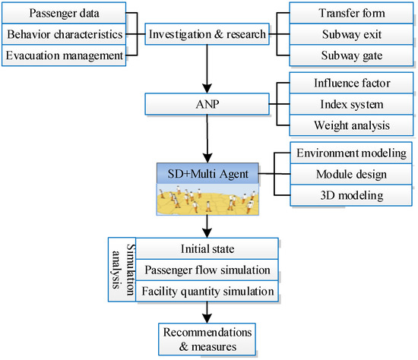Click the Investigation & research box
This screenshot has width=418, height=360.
click(207, 35)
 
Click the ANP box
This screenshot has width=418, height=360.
click(207, 103)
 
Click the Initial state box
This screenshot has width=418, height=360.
click(208, 248)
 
